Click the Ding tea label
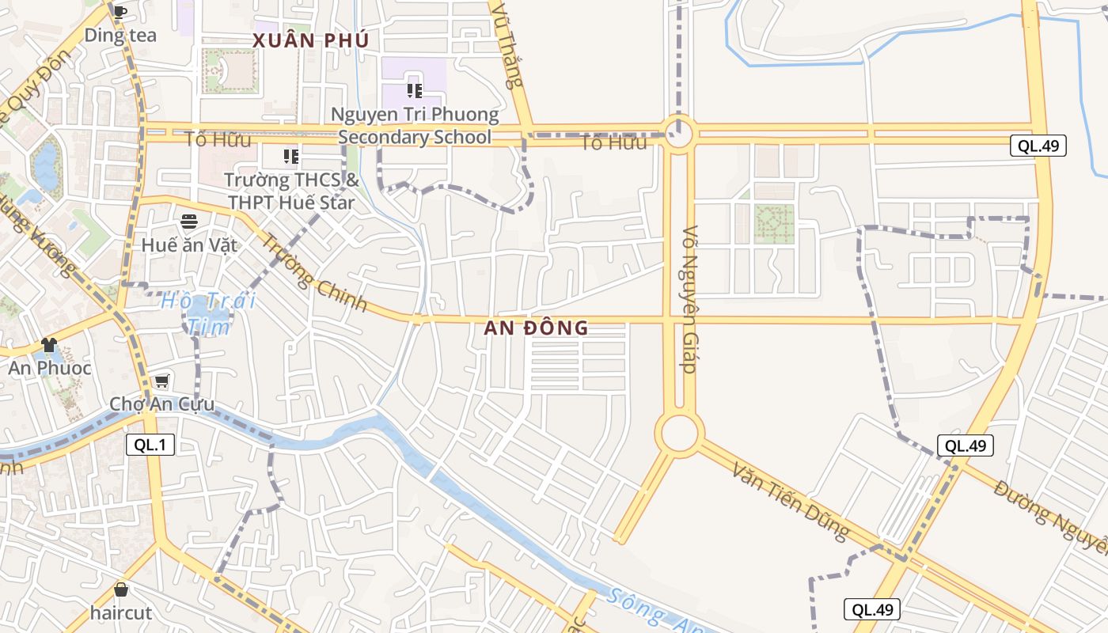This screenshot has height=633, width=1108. point(120,35)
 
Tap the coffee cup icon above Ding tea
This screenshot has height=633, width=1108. point(120,11)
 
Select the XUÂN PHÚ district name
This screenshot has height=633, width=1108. point(311,41)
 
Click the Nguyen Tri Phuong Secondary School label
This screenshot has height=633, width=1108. point(415,126)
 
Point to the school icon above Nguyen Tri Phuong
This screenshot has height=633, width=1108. point(414,91)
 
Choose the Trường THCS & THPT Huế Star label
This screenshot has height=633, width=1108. point(291,191)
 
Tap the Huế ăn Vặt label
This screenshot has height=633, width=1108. point(189,244)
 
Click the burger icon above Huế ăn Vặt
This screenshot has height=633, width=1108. point(189,222)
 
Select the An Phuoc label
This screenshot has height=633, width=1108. point(49,368)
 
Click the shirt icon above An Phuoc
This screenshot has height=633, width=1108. point(49,344)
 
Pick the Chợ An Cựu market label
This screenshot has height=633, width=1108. point(161,404)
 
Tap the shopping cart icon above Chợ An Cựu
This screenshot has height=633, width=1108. point(161,381)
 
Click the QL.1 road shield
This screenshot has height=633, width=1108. point(150,445)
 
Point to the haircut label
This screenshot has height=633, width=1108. point(120,612)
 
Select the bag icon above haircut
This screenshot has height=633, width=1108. point(120,589)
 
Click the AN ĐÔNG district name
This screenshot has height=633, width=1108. point(537,328)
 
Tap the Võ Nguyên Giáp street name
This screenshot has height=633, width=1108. point(689,300)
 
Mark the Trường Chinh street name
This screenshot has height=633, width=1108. point(314,273)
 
